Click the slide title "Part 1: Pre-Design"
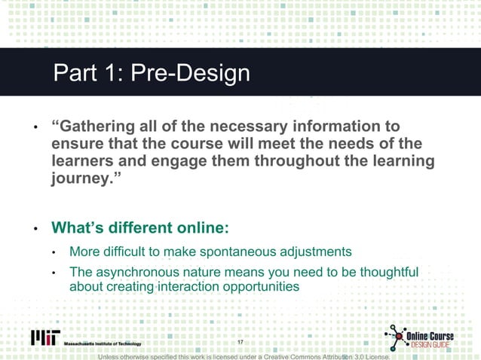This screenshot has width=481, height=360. point(151,73)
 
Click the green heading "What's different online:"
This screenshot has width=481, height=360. point(139,227)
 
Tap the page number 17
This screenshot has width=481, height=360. point(240,343)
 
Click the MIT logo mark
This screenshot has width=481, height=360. point(44,338)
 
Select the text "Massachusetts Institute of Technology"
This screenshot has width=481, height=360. point(102,344)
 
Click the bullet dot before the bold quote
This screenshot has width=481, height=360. point(34,127)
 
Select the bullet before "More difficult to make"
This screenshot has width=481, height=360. point(54,252)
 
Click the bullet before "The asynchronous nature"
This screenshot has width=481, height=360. point(54,273)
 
